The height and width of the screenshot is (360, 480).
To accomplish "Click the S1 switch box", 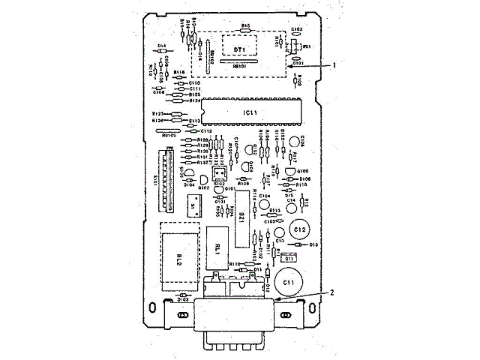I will pyautogui.click(x=193, y=205).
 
